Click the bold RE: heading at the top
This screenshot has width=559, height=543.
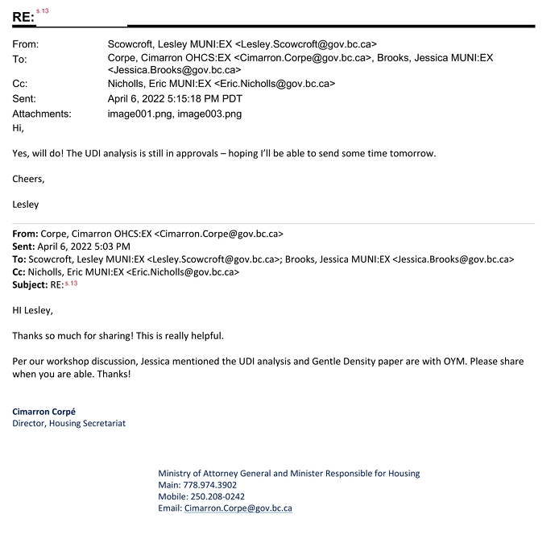[23, 17]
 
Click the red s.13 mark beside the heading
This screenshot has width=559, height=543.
[42, 10]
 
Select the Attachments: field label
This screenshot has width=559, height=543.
[42, 114]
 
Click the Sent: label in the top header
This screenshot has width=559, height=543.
[26, 98]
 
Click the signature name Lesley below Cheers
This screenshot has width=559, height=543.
[26, 205]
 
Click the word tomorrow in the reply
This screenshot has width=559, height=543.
[408, 153]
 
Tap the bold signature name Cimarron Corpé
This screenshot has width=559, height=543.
[43, 412]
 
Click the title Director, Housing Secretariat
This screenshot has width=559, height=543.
[68, 424]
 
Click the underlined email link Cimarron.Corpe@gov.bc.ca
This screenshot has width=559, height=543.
[238, 509]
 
